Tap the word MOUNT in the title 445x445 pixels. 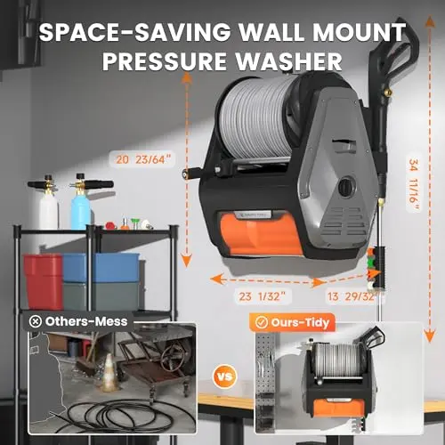(x=360, y=32)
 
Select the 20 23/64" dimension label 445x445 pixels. (x=143, y=159)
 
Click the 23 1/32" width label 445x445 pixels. (x=262, y=296)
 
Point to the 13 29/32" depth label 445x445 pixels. (x=352, y=296)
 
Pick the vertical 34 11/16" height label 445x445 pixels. (x=414, y=184)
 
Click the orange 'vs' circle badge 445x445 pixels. (x=225, y=376)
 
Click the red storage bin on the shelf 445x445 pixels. (x=44, y=281)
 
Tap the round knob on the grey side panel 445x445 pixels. (x=346, y=186)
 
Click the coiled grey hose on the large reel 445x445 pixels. (x=255, y=118)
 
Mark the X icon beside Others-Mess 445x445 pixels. (x=36, y=321)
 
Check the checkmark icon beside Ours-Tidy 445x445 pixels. (x=262, y=323)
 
